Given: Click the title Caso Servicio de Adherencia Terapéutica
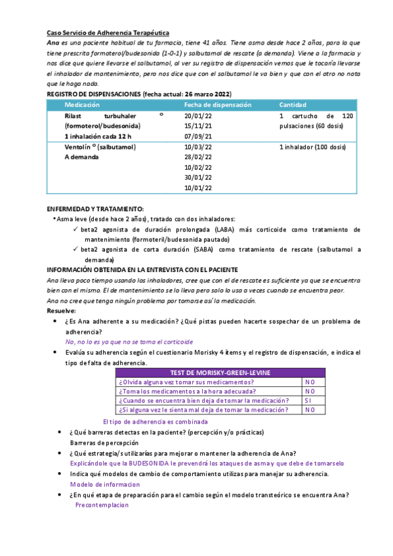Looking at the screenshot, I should (108, 32).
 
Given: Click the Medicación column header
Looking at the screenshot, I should (82, 105).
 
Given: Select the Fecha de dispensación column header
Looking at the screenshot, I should (217, 105).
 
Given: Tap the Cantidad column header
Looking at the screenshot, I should (293, 105).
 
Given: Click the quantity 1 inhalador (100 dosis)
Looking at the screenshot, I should (312, 147).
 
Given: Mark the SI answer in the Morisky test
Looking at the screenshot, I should (308, 400).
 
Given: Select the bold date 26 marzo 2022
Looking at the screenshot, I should (207, 94).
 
